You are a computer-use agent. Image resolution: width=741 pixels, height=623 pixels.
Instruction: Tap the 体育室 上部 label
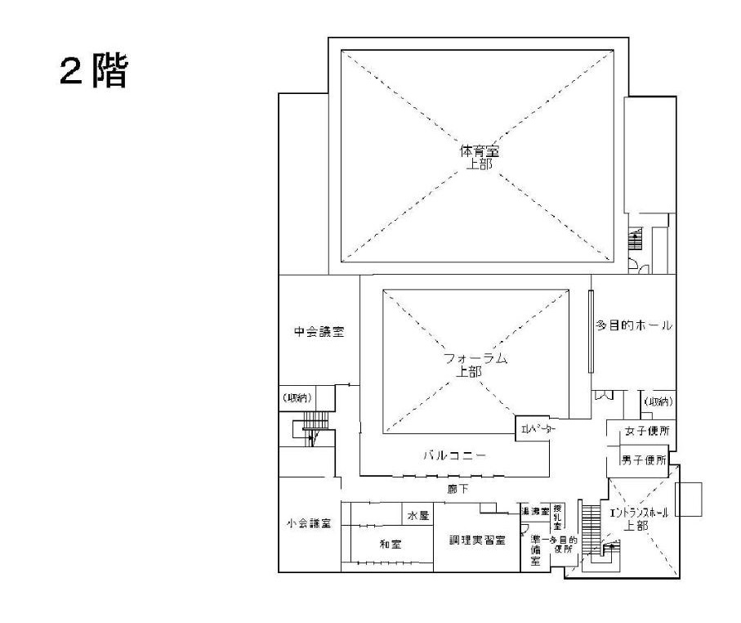click(478, 157)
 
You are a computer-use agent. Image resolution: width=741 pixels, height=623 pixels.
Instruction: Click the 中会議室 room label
click(319, 332)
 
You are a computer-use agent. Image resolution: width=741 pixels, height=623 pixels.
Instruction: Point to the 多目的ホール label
click(634, 325)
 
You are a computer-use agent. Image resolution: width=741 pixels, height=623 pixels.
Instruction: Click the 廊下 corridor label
click(458, 489)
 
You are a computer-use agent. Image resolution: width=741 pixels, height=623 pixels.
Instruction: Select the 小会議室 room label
click(308, 524)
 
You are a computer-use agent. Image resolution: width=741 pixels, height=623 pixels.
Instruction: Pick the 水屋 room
click(418, 515)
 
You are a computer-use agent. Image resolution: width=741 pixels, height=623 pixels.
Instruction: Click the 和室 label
click(391, 542)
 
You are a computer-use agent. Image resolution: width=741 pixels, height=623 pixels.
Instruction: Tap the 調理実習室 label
click(477, 540)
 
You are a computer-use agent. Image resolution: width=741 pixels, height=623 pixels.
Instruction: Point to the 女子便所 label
click(645, 431)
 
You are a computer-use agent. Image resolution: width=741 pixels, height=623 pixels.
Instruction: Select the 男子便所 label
click(645, 460)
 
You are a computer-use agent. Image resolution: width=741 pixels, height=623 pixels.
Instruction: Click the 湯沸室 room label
click(536, 512)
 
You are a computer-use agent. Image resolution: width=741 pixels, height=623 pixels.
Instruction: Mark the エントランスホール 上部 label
click(639, 519)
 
